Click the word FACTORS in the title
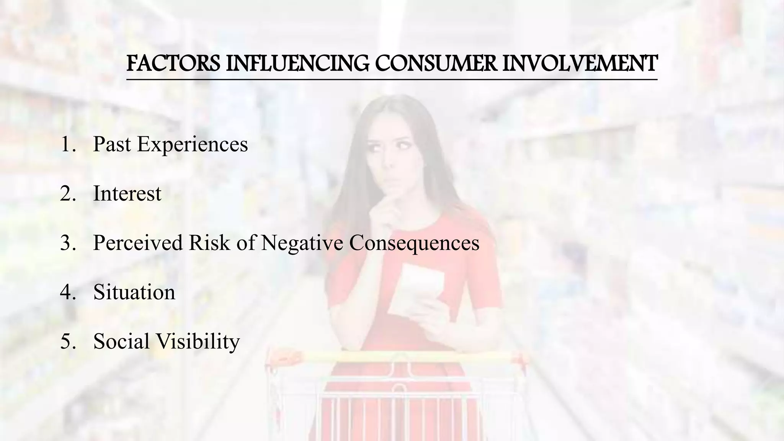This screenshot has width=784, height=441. (x=173, y=64)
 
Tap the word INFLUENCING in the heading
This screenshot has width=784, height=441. (x=297, y=64)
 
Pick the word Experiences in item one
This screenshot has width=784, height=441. (x=193, y=145)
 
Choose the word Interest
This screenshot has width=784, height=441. (x=127, y=194)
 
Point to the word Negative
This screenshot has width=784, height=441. (x=302, y=243)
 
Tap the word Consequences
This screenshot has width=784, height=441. (x=414, y=243)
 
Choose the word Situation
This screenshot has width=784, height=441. (x=134, y=292)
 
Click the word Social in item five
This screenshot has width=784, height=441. (x=121, y=341)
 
